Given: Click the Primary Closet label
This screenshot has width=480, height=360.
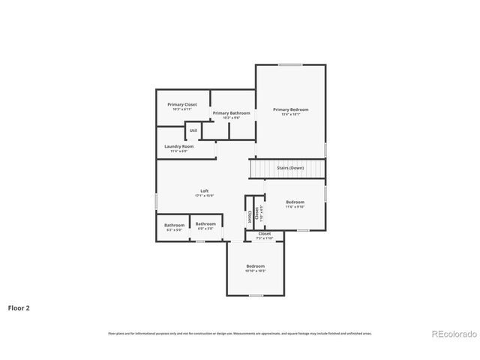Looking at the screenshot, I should pos(182,104).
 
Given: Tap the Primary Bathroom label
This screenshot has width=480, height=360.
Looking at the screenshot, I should pos(231,112).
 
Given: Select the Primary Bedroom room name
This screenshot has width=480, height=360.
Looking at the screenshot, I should pos(290,109).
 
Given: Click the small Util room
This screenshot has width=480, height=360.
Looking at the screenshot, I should pos(193,130).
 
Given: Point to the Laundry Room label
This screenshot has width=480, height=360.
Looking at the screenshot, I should pos(179,146).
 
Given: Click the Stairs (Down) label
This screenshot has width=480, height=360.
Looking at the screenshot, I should pos(290,168).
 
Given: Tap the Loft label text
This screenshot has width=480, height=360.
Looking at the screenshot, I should pos(204,190).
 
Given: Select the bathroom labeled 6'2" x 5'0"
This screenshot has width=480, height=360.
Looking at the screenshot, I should pos(175,225).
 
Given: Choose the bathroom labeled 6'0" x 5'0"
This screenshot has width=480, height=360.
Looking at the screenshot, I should pos(205,223).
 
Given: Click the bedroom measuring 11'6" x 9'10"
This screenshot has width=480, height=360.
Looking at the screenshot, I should pos(295,202).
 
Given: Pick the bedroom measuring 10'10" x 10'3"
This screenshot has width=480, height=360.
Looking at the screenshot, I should pos(255,267).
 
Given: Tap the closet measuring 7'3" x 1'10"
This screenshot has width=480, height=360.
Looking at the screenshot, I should pos(265,235).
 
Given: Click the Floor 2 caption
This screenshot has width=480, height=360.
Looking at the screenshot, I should pos(19,307).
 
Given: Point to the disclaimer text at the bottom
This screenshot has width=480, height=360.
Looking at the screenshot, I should pos(240,333).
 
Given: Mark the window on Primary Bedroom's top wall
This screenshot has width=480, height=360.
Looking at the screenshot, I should pos(290,65).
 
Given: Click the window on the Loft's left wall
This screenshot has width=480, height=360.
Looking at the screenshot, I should pos(157,202).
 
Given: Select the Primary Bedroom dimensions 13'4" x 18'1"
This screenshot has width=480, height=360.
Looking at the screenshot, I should pos(290,114).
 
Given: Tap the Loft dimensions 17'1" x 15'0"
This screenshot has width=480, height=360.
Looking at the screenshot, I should pos(204,195).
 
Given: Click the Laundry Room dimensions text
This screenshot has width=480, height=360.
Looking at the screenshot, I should pos(179,151).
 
